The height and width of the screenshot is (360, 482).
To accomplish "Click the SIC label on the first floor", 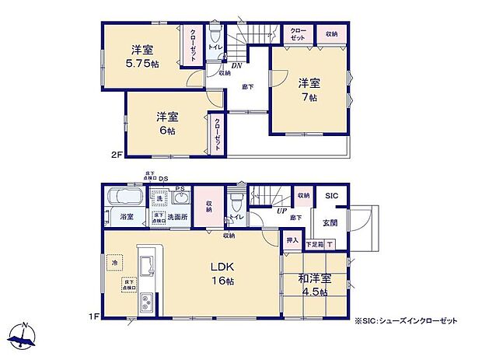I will click(x=330, y=196).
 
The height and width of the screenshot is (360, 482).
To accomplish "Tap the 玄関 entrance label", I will click(x=330, y=223).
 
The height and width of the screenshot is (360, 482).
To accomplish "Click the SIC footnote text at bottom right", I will click(x=407, y=321).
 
